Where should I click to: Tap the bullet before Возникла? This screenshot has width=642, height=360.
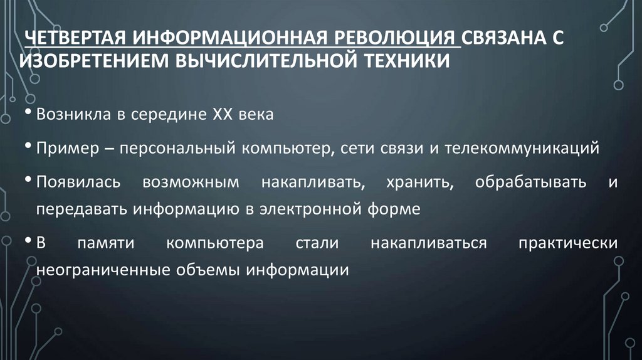coord(31,114)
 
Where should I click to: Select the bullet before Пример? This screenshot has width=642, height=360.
coord(31,147)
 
